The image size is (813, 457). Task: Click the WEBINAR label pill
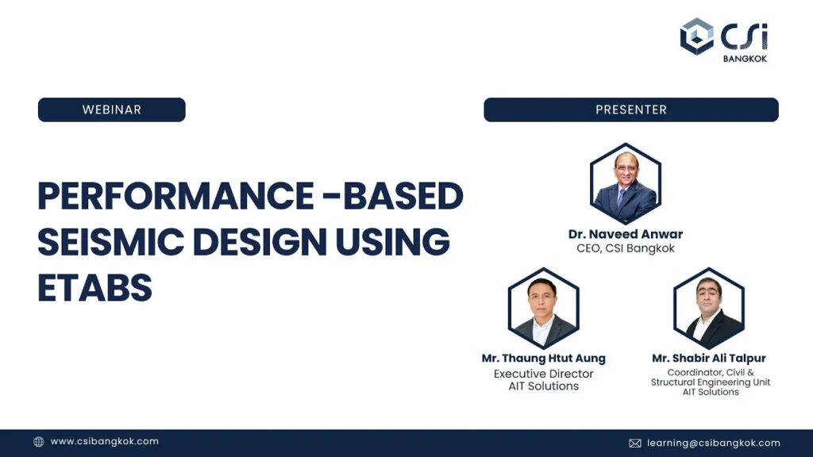point(111,109)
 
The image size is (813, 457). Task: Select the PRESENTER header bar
point(631,109)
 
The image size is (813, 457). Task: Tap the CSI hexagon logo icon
point(697,36)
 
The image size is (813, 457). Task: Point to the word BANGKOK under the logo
point(745,59)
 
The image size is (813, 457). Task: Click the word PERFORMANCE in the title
point(175,197)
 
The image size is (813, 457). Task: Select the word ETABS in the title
point(95,287)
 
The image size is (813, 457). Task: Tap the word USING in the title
point(392,241)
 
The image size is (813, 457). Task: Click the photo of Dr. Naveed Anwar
point(626,183)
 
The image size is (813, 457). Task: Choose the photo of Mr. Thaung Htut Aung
point(543,308)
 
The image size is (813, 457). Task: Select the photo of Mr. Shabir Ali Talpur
point(709,308)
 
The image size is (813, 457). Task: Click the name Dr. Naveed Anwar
point(626,234)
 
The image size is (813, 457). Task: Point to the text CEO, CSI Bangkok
point(626,248)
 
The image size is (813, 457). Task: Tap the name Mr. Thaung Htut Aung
point(543,358)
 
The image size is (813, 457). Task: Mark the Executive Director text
point(543,374)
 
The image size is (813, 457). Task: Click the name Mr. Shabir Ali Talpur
point(709,358)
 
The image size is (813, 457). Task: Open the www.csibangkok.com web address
point(104,441)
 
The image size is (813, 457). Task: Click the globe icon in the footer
point(39,442)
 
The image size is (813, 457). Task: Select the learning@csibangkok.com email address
point(714,443)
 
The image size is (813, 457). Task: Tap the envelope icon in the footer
point(635,443)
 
